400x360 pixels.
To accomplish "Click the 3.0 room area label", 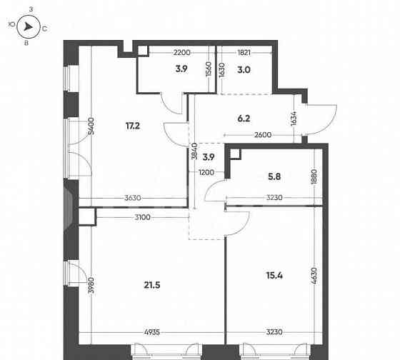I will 244,69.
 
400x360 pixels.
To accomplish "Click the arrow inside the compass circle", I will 28,28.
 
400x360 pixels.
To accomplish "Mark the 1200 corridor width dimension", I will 207,172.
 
